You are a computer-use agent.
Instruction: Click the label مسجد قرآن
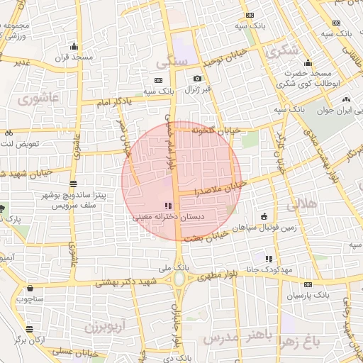[74, 56]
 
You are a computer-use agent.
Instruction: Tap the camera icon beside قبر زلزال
[196, 78]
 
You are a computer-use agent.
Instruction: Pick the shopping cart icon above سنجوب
[30, 289]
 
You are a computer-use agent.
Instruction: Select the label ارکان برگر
[30, 340]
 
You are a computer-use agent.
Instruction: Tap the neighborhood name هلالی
[302, 205]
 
